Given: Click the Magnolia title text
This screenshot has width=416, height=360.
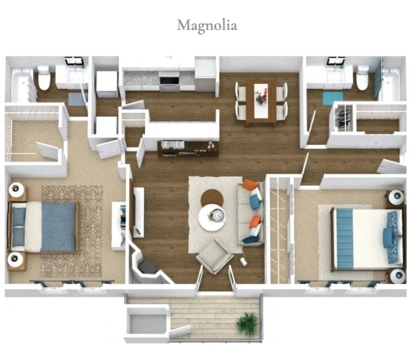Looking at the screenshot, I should (207, 26).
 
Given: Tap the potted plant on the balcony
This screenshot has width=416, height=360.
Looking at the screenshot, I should (248, 323).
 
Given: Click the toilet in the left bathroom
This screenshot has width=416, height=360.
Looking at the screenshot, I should (44, 78).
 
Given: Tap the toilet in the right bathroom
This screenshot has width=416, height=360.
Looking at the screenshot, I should (363, 77).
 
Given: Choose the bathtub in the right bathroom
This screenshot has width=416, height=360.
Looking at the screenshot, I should (389, 84).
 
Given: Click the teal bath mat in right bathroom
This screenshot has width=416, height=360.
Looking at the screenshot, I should (333, 98).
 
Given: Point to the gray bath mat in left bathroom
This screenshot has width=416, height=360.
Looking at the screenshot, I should (77, 99).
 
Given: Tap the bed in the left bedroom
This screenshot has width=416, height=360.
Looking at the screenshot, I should (45, 226).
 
